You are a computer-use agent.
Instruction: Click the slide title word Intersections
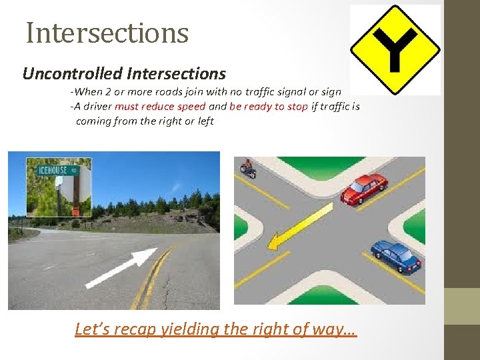pyautogui.click(x=107, y=33)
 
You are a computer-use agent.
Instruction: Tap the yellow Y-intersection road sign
pyautogui.click(x=395, y=49)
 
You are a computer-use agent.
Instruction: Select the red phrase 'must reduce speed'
pyautogui.click(x=160, y=107)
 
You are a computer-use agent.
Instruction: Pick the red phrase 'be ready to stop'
pyautogui.click(x=269, y=107)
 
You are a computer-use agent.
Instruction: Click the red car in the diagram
pyautogui.click(x=363, y=188)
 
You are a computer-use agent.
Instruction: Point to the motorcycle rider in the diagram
pyautogui.click(x=249, y=169)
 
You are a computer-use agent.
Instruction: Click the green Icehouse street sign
pyautogui.click(x=58, y=169)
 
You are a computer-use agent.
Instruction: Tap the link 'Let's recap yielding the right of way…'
pyautogui.click(x=216, y=329)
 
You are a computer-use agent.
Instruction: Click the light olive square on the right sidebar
pyautogui.click(x=462, y=306)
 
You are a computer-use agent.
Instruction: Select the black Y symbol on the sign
pyautogui.click(x=395, y=48)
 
